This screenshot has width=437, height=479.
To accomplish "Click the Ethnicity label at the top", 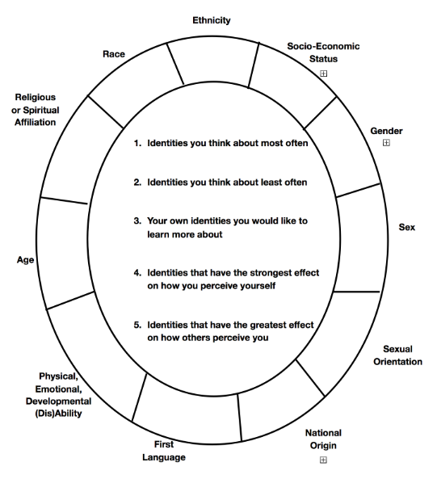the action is pyautogui.click(x=212, y=20).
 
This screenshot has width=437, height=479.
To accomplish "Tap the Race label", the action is pyautogui.click(x=114, y=54).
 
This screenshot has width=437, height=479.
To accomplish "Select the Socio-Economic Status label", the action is pyautogui.click(x=323, y=53).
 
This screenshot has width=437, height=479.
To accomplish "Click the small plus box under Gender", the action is pyautogui.click(x=386, y=143).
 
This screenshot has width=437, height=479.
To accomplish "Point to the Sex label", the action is pyautogui.click(x=407, y=227).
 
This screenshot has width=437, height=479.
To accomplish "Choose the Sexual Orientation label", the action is pyautogui.click(x=397, y=355).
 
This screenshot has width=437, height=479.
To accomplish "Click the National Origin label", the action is pyautogui.click(x=323, y=439).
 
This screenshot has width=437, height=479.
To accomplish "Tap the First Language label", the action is pyautogui.click(x=164, y=451).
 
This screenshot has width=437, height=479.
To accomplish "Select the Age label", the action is pyautogui.click(x=25, y=260).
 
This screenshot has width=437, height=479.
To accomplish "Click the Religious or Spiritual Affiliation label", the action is pyautogui.click(x=35, y=110).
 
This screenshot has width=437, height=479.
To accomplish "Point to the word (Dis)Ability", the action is pyautogui.click(x=58, y=414).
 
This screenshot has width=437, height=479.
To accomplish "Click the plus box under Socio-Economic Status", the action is pyautogui.click(x=323, y=74).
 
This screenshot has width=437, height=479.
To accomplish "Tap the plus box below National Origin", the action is pyautogui.click(x=323, y=460).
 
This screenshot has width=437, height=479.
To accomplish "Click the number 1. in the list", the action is pyautogui.click(x=137, y=143).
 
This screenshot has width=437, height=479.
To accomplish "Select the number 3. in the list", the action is pyautogui.click(x=137, y=221).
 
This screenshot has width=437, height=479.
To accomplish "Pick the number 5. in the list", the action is pyautogui.click(x=137, y=325).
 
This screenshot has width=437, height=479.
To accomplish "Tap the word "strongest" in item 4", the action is pyautogui.click(x=265, y=273).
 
